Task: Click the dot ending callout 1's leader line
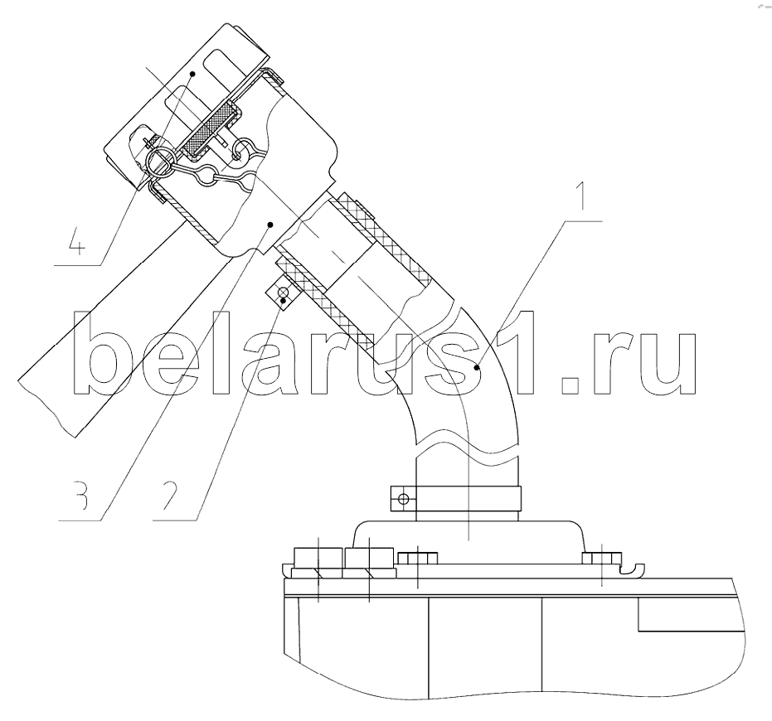477,367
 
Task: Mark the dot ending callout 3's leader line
269,225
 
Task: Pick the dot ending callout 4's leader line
193,74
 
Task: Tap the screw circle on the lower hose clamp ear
403,500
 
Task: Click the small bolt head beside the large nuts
418,558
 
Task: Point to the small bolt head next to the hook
602,558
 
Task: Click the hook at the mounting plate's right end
632,569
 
